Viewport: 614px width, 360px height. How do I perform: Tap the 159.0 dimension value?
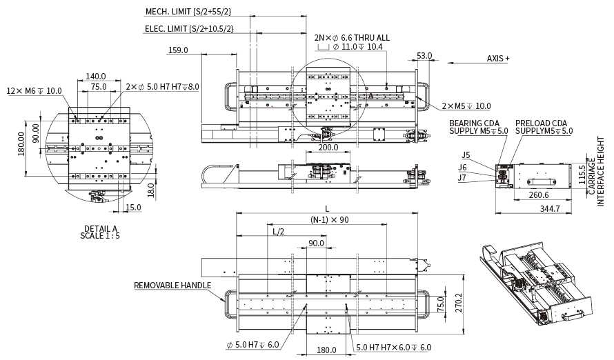point(178,50)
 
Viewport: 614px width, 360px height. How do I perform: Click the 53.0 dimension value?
point(424,56)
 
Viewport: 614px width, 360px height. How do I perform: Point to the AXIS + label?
point(498,59)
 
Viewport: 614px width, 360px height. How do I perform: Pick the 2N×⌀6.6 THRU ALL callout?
point(352,38)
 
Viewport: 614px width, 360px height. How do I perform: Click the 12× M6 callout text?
point(34,90)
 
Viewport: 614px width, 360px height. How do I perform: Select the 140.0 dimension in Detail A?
point(96,77)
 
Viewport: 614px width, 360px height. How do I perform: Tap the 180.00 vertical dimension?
point(21,145)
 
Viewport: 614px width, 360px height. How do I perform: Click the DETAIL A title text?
point(101,228)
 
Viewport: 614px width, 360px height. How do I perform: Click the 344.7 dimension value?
point(550,208)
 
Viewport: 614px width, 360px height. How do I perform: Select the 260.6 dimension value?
point(540,195)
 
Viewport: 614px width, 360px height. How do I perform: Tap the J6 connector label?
point(463,166)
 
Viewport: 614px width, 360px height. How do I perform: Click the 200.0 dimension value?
point(328,147)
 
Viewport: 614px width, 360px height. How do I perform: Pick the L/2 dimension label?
point(278,232)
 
